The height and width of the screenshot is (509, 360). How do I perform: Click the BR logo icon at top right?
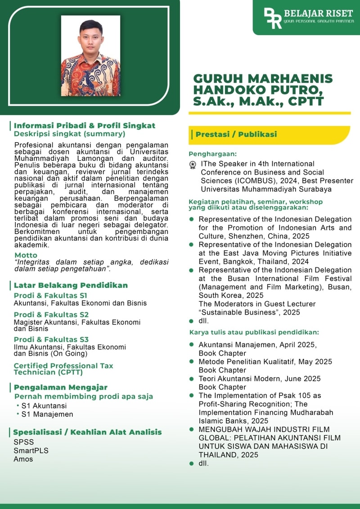pyautogui.click(x=273, y=17)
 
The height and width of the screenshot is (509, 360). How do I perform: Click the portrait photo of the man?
pyautogui.click(x=90, y=56)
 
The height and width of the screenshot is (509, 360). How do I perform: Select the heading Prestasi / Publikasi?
pyautogui.click(x=236, y=134)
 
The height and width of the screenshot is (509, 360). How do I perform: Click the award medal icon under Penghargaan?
pyautogui.click(x=193, y=165)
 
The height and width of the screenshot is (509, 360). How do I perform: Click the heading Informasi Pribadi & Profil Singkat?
pyautogui.click(x=85, y=126)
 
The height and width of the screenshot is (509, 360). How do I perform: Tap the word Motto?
pyautogui.click(x=26, y=255)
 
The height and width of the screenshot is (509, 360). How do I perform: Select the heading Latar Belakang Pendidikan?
pyautogui.click(x=71, y=285)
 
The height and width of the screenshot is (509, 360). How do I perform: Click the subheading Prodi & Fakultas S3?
pyautogui.click(x=51, y=339)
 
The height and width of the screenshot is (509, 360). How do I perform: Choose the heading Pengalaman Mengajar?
pyautogui.click(x=61, y=387)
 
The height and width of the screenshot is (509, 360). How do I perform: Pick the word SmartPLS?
pyautogui.click(x=31, y=450)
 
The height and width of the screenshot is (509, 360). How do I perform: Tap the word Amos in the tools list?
pyautogui.click(x=23, y=459)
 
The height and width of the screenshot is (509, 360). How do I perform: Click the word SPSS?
pyautogui.click(x=23, y=441)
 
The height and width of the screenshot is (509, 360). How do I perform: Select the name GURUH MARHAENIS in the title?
pyautogui.click(x=263, y=79)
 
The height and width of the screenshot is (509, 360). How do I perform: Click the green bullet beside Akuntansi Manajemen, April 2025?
pyautogui.click(x=191, y=345)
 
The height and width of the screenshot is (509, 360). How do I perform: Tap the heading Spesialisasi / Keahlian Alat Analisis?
pyautogui.click(x=88, y=432)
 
